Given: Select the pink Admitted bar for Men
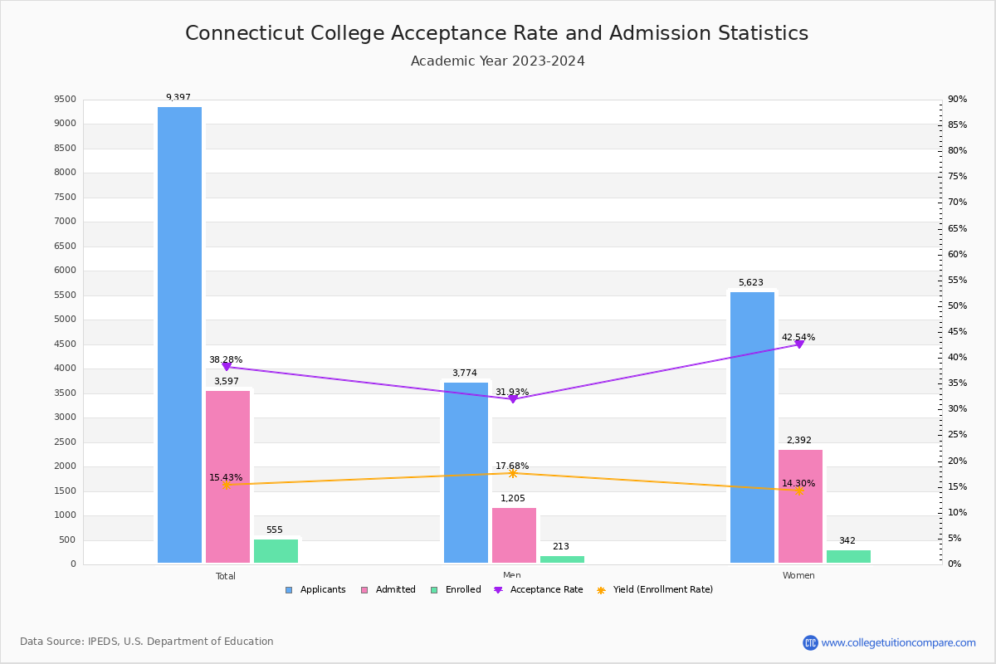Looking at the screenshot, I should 514,535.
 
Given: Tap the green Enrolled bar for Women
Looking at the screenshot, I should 848,556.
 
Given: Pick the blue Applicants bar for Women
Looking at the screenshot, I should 752,427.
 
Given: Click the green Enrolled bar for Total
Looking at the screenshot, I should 276,551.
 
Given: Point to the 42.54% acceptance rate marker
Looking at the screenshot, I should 799,344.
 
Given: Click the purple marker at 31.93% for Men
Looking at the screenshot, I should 512,398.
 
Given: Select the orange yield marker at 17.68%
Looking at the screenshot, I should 512,473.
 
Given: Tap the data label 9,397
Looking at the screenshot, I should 178,98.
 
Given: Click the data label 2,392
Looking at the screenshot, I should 798,441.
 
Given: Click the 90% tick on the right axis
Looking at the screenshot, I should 957,100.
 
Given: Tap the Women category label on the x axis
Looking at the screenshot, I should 798,576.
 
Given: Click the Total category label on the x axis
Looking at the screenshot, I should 226,576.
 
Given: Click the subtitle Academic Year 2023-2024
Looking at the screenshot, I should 498,61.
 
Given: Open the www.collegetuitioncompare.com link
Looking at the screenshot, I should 898,642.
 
